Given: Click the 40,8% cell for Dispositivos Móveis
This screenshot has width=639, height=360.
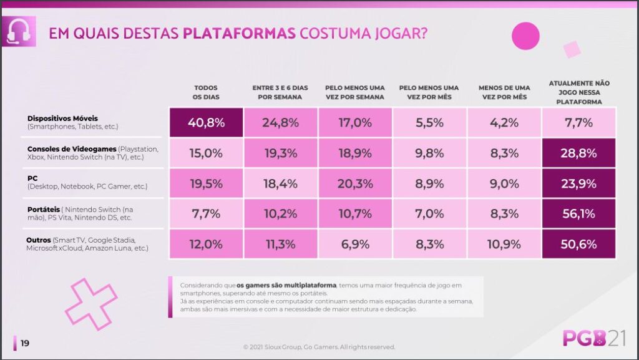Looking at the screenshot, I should click(206, 122).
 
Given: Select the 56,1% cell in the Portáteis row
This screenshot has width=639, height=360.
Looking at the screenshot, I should click(578, 214).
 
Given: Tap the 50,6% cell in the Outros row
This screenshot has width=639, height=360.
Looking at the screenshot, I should click(578, 244).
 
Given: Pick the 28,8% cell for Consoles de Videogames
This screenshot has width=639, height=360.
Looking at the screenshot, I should click(578, 153).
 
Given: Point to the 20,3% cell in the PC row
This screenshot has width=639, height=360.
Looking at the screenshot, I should click(354, 183).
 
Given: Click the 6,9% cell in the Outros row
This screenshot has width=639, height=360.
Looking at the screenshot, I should click(354, 244).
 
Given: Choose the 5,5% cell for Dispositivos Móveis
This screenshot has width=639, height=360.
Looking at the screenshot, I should click(429, 122).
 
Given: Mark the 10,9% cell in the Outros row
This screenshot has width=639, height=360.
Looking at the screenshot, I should click(504, 244).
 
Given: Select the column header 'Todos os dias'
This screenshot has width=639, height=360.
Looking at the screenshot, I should click(206, 92).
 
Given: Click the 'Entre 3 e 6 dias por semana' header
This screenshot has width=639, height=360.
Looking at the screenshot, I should click(280, 92).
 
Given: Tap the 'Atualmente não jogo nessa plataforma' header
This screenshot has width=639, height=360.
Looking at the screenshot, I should click(578, 92).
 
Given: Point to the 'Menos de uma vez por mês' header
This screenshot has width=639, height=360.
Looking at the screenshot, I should click(504, 92).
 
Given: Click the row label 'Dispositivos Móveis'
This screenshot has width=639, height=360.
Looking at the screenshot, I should click(63, 118).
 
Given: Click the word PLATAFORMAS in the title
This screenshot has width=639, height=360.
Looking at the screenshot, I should click(240, 33).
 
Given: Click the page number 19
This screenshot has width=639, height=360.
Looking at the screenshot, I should click(24, 343).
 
